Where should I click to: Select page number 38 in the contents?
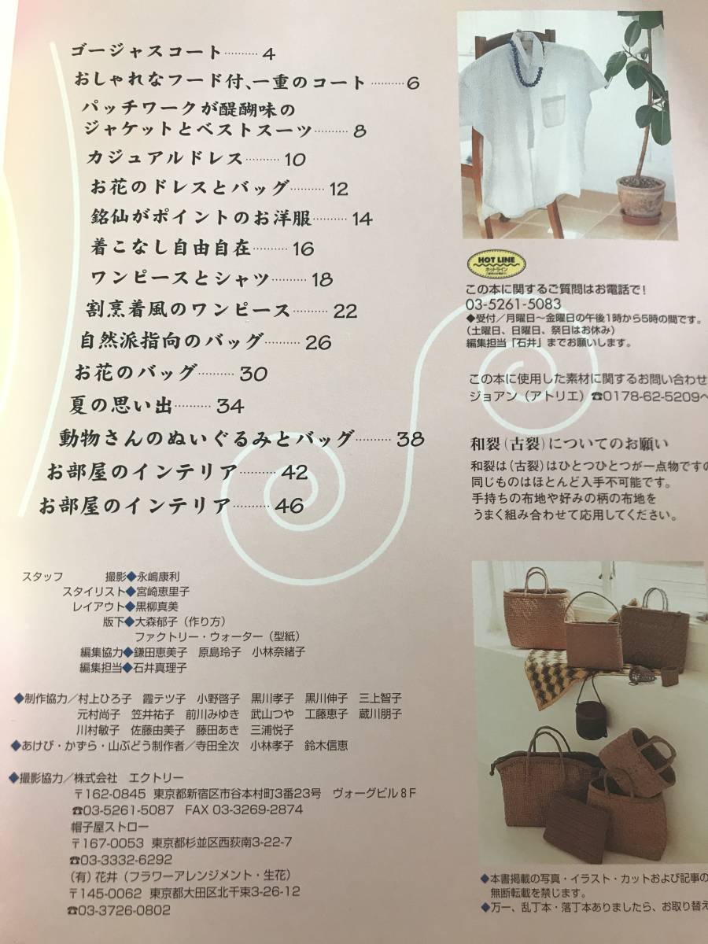[411, 438]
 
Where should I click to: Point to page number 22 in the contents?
[345, 311]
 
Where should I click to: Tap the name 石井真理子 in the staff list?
[160, 668]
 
